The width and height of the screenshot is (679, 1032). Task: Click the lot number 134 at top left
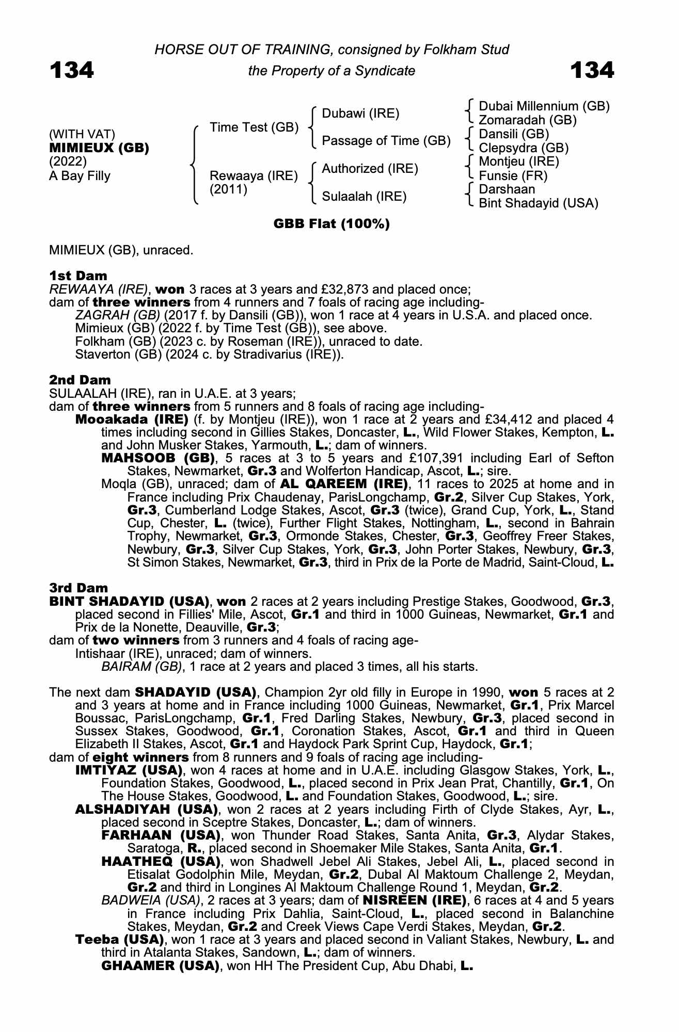point(72,70)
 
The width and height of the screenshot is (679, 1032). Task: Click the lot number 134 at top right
point(592,70)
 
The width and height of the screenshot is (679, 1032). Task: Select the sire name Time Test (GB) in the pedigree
point(254,127)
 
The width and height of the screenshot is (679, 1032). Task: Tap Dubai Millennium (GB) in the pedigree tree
point(544,106)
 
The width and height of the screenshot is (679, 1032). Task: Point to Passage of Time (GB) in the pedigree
point(386,141)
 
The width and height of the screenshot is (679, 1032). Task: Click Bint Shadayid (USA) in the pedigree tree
point(539,203)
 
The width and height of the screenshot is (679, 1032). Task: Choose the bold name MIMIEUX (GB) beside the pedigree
point(99,148)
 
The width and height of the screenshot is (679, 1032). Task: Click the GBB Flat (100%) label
point(331,224)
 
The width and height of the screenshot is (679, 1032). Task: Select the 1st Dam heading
point(78,276)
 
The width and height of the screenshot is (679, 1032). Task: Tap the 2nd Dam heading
point(80,380)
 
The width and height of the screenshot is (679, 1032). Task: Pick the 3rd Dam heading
point(79,588)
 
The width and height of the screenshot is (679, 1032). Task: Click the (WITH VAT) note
point(82,135)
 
